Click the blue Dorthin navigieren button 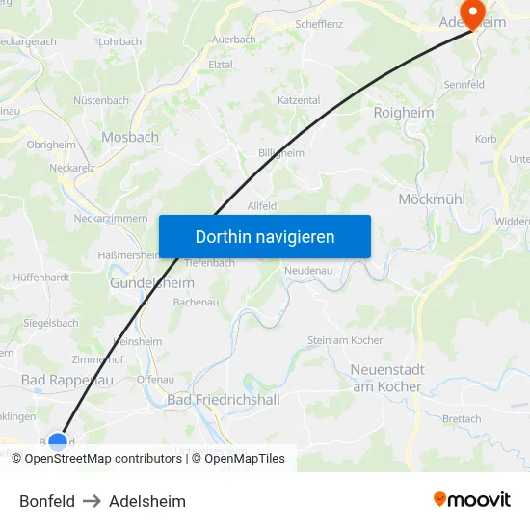coord(264,236)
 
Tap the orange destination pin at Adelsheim coord(473,13)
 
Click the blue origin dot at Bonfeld coord(58,442)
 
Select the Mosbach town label coord(130,137)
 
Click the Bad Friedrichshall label coord(225,399)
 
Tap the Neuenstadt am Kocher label coord(385,378)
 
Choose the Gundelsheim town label coord(151,283)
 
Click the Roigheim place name coord(403,113)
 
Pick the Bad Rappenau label coord(67,380)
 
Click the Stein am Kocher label coord(345,340)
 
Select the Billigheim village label coord(281,152)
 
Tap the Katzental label coord(299,100)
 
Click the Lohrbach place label coord(119,41)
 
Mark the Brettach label coord(462,419)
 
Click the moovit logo coord(471,500)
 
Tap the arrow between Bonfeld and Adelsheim coord(92,501)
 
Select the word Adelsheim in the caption coord(147,501)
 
